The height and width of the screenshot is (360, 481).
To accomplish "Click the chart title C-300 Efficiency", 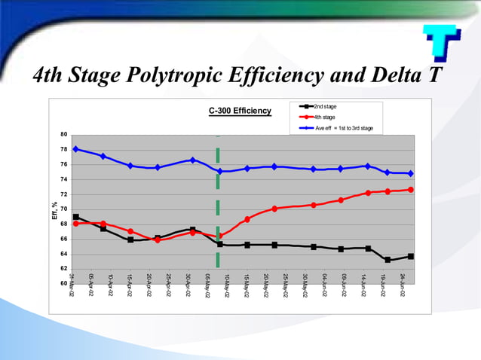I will coord(240,111).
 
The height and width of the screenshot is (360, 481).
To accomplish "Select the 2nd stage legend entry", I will coord(325,107).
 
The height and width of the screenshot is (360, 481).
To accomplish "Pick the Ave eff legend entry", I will coord(343,128).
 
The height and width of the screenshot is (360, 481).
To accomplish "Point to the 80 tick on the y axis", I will coord(64,135).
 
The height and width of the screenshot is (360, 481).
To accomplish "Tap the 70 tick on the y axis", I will coord(64,209).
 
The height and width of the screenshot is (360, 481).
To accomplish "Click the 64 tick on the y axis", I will coord(64,254).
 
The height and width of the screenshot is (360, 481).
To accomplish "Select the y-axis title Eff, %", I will coord(54,211).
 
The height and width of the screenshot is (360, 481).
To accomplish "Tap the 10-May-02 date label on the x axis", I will coord(227,287).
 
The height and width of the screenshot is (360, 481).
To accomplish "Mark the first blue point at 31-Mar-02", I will coord(76,149).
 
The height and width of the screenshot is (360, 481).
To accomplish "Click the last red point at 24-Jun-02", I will coord(411,189).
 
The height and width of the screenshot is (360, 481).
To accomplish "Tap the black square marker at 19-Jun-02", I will coord(388,260).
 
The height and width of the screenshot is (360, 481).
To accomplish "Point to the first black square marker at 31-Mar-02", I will coord(76,217).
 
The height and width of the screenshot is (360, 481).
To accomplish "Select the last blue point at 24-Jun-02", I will coord(411,173).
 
